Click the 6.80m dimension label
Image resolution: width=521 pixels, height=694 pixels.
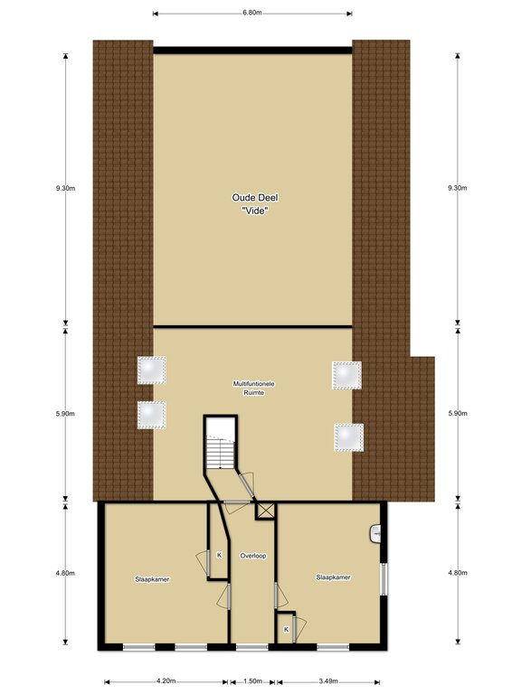[251, 13]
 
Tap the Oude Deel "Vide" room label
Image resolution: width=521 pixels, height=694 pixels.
[255, 204]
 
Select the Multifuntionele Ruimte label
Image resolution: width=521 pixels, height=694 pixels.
[254, 389]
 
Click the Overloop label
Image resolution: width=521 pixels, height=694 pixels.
[253, 556]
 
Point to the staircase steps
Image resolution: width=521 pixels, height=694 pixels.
[221, 452]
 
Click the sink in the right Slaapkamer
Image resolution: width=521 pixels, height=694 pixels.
[374, 533]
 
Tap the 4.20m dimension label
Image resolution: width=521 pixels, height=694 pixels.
[166, 681]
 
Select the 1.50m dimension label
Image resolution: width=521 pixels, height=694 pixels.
[252, 681]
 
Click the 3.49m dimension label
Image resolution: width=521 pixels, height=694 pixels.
[328, 681]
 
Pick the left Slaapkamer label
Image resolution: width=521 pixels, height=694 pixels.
[152, 579]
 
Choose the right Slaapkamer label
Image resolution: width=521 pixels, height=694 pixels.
[333, 577]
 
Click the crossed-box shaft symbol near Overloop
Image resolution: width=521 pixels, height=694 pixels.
[265, 511]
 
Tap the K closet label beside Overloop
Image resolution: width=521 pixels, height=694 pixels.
[219, 555]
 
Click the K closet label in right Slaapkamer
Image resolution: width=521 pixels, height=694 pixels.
[286, 629]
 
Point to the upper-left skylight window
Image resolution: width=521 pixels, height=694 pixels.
[152, 370]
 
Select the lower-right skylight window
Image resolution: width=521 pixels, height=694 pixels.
[348, 437]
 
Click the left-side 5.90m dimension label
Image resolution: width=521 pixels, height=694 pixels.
[65, 414]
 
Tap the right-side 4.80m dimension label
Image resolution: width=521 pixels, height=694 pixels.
[458, 573]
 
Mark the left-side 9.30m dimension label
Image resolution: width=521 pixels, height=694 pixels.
[65, 188]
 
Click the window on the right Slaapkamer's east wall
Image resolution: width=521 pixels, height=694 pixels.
[384, 579]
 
